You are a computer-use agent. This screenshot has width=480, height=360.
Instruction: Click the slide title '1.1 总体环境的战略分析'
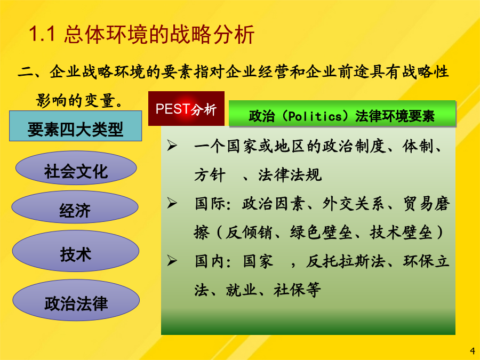(141, 34)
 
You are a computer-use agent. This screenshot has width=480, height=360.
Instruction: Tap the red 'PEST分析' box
(187, 108)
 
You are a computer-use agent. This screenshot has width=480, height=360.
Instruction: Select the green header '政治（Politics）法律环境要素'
(342, 114)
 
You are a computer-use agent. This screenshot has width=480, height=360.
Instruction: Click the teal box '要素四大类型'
(76, 126)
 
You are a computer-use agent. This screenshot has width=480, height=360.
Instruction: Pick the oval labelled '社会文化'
(76, 168)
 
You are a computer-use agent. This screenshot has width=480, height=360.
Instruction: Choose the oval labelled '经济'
(75, 207)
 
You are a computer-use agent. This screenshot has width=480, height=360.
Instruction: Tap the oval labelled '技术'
(76, 251)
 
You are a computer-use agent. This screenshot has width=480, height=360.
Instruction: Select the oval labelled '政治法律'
(76, 300)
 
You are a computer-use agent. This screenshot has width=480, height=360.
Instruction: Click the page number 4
(473, 351)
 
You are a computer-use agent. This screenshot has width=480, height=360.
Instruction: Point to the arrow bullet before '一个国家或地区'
(172, 146)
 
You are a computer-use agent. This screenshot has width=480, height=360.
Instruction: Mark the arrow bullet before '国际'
(172, 203)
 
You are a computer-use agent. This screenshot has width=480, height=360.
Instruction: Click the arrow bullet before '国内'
(172, 260)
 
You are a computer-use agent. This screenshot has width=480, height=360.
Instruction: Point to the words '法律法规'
(290, 175)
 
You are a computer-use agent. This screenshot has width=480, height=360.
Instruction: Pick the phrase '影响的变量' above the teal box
(76, 100)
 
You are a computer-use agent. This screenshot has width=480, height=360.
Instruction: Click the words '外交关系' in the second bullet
(353, 204)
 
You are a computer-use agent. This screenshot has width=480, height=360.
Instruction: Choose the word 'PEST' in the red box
(173, 109)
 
